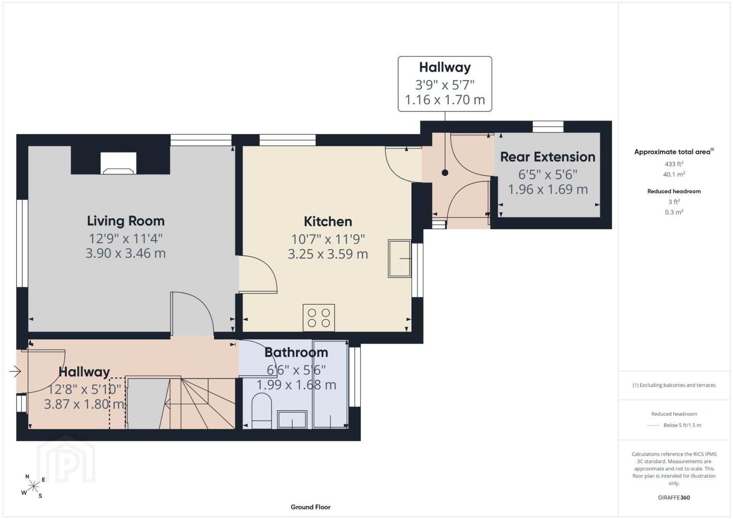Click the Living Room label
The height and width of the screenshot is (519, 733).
[x=126, y=221]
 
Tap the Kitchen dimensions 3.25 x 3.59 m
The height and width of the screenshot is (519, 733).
[x=328, y=254]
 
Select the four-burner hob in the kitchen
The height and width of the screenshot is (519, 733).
[x=319, y=318]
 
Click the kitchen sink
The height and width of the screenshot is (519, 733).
[x=400, y=259]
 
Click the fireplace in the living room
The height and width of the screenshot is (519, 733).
[x=118, y=163]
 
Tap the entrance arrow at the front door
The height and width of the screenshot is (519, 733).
[x=15, y=371]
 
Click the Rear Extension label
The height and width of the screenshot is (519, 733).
[x=548, y=157]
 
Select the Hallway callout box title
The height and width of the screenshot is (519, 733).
[x=445, y=67]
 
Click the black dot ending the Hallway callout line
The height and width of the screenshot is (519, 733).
[x=445, y=173]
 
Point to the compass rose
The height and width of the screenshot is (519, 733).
[x=33, y=486]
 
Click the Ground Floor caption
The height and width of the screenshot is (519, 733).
[x=311, y=507]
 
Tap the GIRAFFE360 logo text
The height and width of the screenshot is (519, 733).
[x=674, y=497]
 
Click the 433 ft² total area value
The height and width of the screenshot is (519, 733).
[x=674, y=164]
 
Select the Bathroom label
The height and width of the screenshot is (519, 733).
[x=296, y=353]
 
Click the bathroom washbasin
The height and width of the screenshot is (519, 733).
[x=292, y=420]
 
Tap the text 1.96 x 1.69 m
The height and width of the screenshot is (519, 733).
[x=548, y=189]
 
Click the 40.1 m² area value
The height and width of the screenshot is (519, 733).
[x=674, y=174]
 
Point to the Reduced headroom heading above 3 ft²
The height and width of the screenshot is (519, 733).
[x=674, y=191]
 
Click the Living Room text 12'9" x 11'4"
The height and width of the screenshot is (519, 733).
[x=126, y=239]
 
